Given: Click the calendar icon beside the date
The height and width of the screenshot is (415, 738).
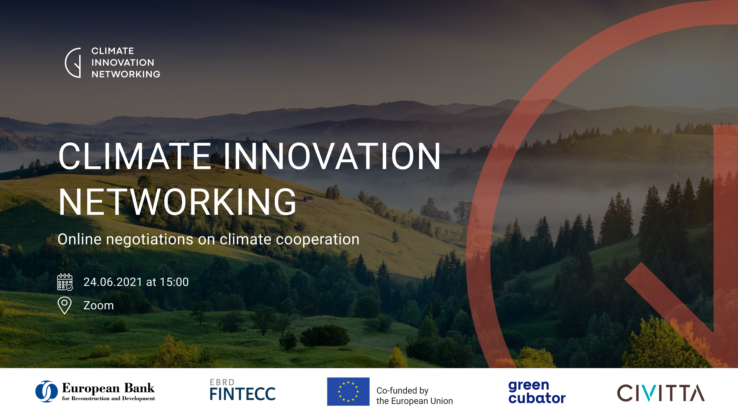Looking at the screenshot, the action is click(65, 282).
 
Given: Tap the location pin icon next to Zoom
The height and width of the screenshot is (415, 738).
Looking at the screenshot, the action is click(65, 305).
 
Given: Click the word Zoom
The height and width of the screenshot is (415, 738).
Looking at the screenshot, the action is click(99, 306).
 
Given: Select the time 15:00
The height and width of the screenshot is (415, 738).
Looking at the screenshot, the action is click(174, 282).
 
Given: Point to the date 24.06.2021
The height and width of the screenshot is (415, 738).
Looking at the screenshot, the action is click(113, 282).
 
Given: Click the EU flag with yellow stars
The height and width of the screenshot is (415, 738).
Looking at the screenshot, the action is click(348, 392).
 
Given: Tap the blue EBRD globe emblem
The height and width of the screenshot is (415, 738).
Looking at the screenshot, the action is click(46, 391).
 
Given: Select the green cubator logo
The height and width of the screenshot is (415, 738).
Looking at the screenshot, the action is click(537, 392).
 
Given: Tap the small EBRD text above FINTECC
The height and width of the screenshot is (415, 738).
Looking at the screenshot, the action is click(222, 382).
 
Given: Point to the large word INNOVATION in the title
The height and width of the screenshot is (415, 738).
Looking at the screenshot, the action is click(332, 156).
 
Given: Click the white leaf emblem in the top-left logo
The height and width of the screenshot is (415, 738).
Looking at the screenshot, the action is click(73, 63).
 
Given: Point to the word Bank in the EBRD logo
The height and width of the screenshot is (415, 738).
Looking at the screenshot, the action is click(139, 388).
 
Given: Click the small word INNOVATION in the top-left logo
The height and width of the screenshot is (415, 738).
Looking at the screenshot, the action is click(123, 62).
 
